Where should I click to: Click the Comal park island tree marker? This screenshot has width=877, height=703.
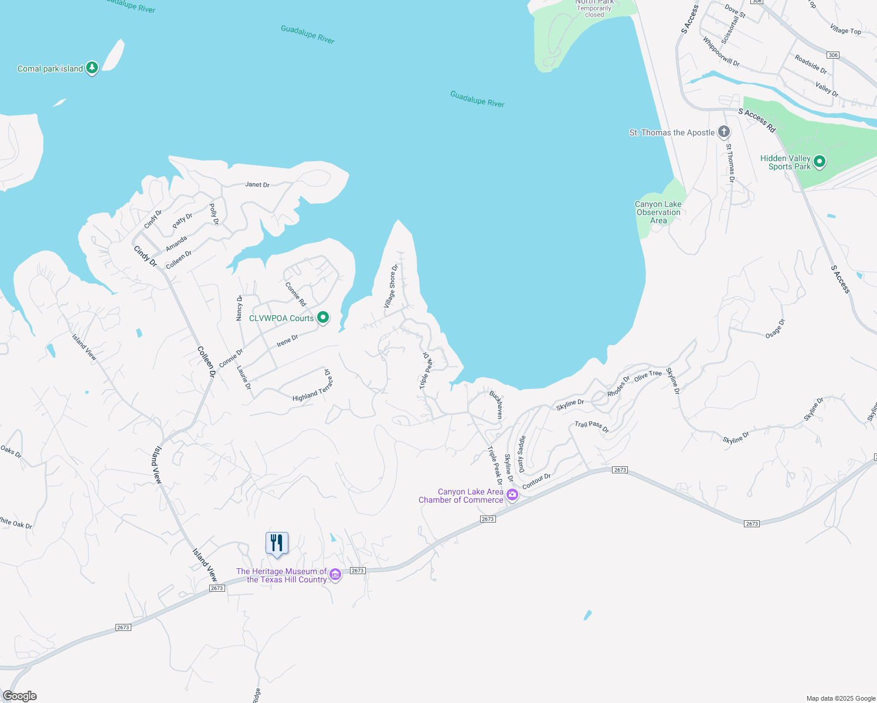click(x=91, y=68)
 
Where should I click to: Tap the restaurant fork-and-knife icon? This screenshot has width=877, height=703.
click(x=277, y=543)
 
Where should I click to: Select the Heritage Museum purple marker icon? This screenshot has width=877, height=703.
click(x=335, y=575)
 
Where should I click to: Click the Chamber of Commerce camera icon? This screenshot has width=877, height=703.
click(x=512, y=495)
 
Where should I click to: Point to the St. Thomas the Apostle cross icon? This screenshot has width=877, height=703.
click(x=724, y=132)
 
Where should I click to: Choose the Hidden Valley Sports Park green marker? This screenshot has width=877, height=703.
click(x=820, y=161)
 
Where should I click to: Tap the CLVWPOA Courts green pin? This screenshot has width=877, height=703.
click(x=322, y=318)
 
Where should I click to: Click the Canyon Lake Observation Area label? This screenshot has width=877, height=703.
click(x=658, y=212)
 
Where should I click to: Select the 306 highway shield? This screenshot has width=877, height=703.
click(x=833, y=55)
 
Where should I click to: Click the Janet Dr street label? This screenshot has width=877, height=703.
click(x=257, y=185)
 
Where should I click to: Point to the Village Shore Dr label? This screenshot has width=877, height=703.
click(x=391, y=286)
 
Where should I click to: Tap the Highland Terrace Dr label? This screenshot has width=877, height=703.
click(x=314, y=389)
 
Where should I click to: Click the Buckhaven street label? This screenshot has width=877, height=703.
click(x=497, y=404)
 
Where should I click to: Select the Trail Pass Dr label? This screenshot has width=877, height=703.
click(x=592, y=426)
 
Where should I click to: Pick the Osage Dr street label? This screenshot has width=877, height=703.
click(x=775, y=329)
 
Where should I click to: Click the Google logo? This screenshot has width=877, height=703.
click(x=19, y=696)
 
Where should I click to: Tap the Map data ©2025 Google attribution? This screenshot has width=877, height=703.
click(x=840, y=698)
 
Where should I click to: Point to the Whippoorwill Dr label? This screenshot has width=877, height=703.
click(x=721, y=52)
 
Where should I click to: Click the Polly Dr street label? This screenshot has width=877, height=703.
click(x=214, y=214)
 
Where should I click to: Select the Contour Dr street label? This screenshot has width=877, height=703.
click(x=536, y=482)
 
